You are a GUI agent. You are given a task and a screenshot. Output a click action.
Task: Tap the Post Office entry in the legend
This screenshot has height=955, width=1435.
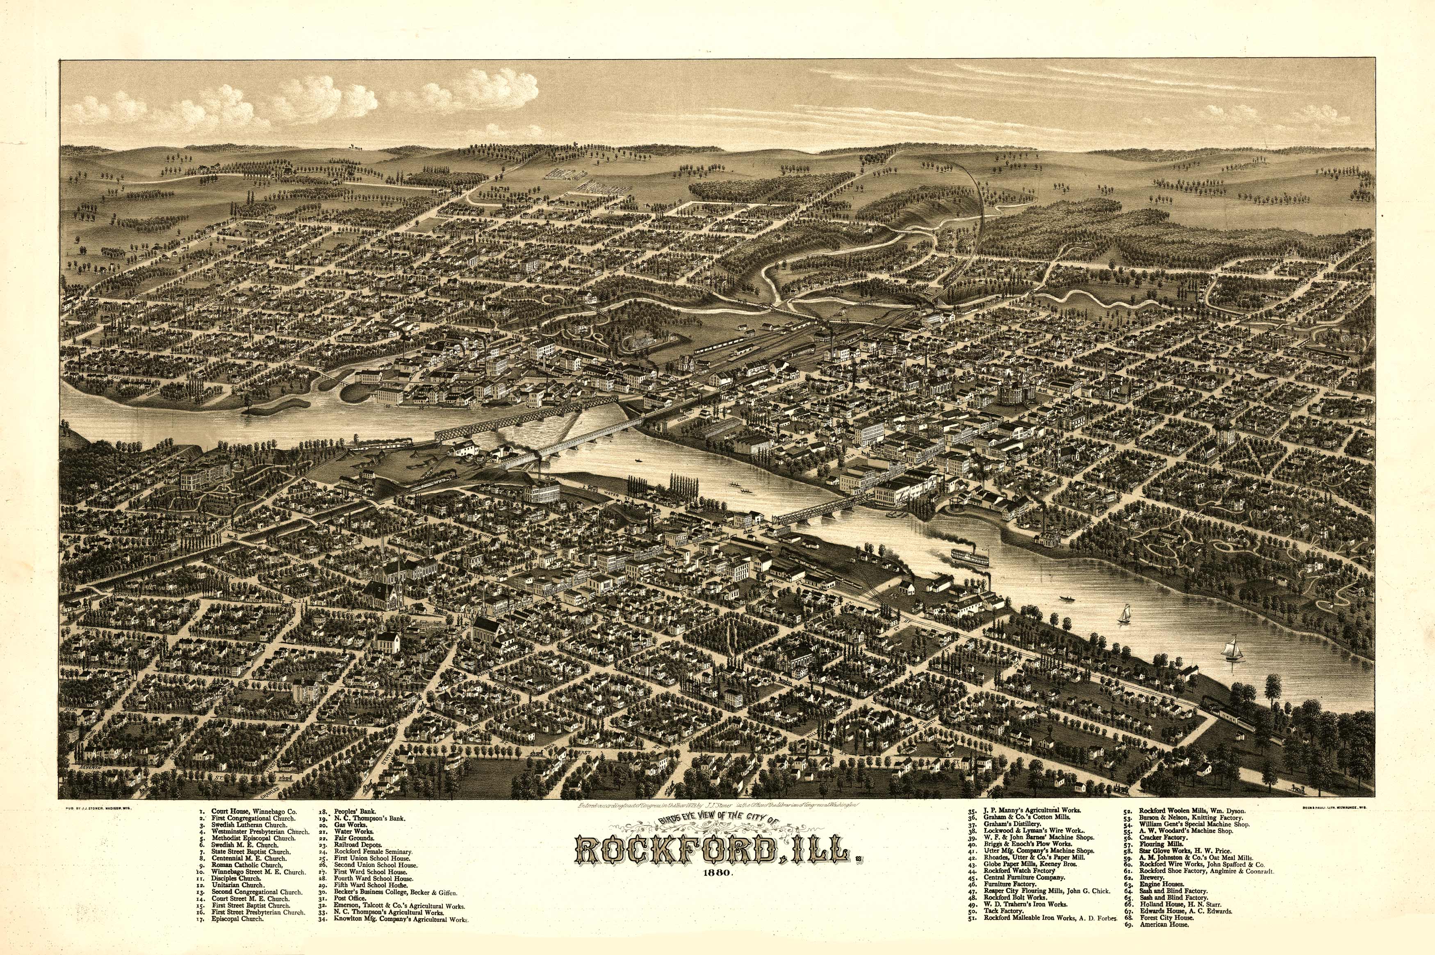click(x=350, y=898)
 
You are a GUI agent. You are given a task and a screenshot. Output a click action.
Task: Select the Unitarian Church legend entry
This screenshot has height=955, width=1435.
click(x=238, y=885)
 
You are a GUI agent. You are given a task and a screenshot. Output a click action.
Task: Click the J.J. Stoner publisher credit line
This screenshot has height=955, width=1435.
click(x=98, y=808)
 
